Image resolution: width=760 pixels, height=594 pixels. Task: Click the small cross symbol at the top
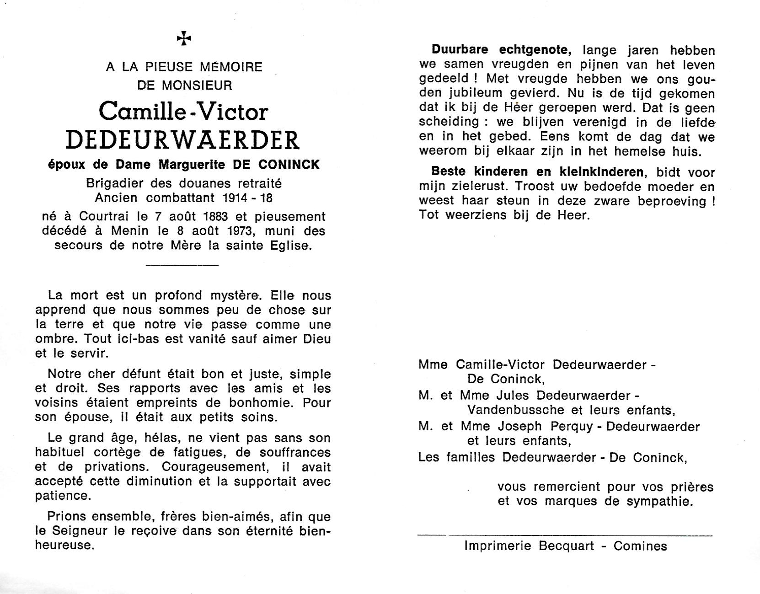(x=184, y=39)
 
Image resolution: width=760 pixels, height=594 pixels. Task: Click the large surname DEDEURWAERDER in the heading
(x=183, y=141)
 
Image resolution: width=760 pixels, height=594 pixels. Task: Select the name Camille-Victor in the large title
(x=183, y=112)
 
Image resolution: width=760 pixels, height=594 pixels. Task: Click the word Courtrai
(x=97, y=216)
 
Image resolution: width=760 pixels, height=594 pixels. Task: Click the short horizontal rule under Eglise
(x=182, y=265)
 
